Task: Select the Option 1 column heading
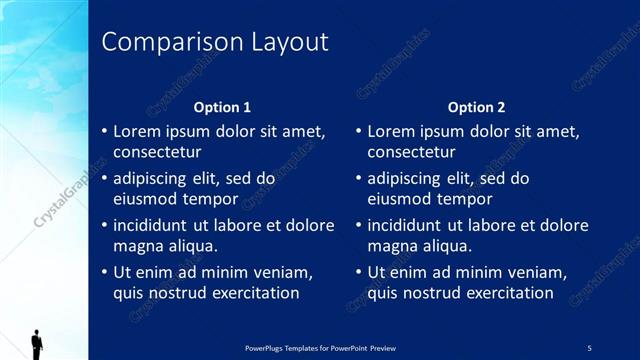tap(222, 107)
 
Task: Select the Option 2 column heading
tap(477, 107)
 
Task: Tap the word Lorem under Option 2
tap(392, 131)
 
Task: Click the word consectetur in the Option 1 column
tap(157, 153)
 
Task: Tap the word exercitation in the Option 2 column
tap(499, 293)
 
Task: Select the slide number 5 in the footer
tap(590, 347)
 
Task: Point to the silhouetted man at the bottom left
tap(37, 344)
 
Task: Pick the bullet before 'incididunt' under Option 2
tap(359, 226)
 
